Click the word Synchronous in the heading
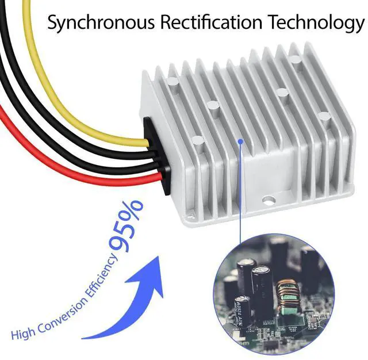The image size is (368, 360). [101, 22]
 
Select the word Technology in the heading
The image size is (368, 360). [316, 22]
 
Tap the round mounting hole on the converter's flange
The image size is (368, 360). [269, 200]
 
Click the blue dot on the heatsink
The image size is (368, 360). [240, 141]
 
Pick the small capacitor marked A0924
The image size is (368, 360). [242, 312]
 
